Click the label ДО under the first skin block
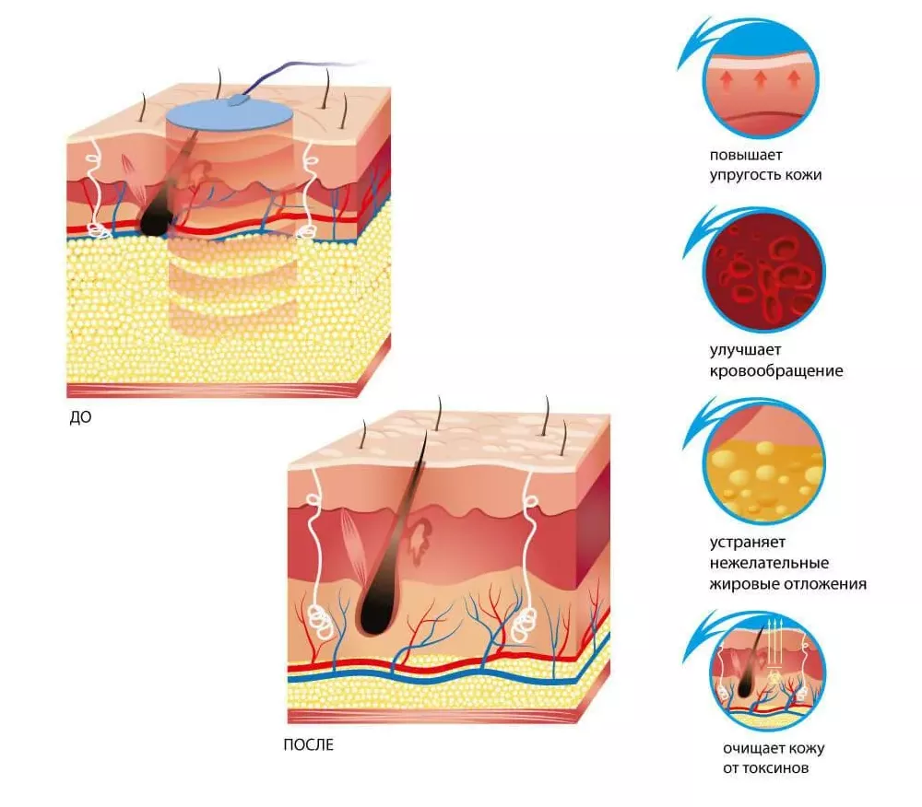point(80,417)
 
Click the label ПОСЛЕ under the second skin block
point(308,744)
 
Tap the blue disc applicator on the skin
point(230,114)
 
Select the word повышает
point(746,156)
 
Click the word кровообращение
point(776,371)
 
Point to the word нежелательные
point(769,563)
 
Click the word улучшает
point(745,350)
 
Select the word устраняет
point(748,542)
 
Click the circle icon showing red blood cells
point(764,272)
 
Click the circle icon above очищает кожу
point(767,672)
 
